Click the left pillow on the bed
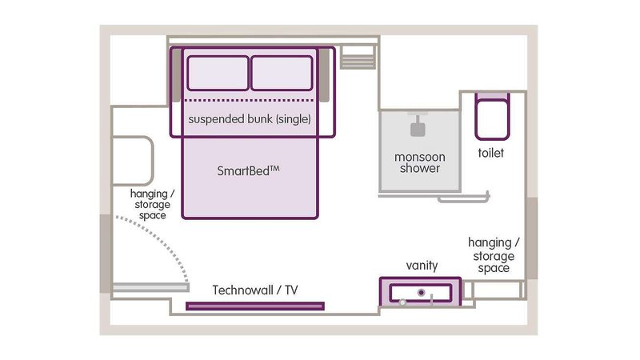click(x=218, y=73)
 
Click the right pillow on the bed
click(x=281, y=73)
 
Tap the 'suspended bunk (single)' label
click(x=249, y=119)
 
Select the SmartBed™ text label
click(x=249, y=170)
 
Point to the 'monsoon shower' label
click(x=420, y=162)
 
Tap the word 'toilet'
click(x=490, y=153)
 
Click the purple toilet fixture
click(x=490, y=118)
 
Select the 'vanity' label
click(x=421, y=265)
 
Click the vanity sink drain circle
click(x=420, y=292)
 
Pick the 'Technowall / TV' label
click(x=255, y=290)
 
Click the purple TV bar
click(x=255, y=306)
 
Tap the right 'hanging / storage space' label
click(x=494, y=254)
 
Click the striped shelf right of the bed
click(x=358, y=57)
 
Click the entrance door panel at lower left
click(x=150, y=286)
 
